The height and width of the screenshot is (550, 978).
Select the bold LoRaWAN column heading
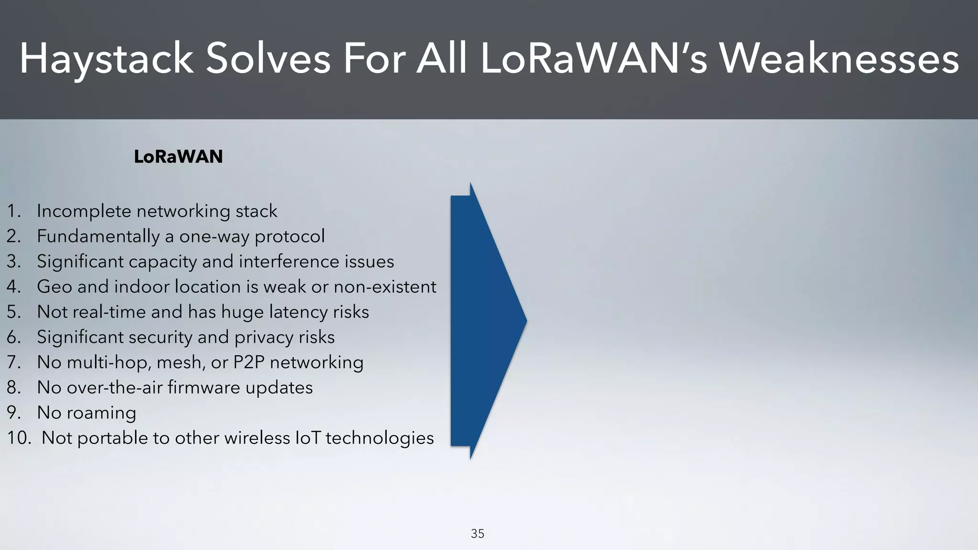178,157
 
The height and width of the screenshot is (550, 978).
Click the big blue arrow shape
482,320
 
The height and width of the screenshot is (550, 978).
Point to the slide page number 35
478,533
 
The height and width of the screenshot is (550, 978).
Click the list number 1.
14,211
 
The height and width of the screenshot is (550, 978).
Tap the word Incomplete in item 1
84,211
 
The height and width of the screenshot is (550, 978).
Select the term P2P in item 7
248,362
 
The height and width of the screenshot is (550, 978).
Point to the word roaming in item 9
101,413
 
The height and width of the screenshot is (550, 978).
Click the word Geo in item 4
54,286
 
